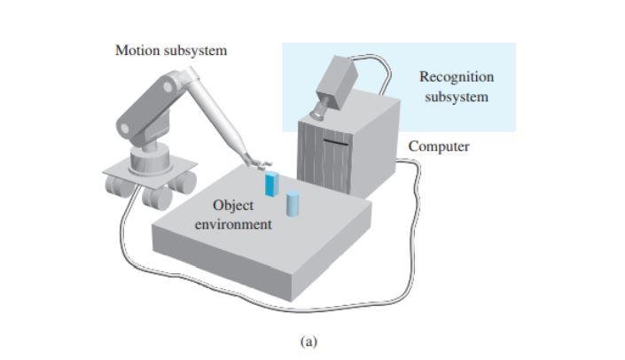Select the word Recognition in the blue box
pos(456,77)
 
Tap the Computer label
pos(439,145)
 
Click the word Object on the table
pos(234,207)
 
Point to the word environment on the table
pos(234,224)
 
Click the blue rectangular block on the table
pos(271,184)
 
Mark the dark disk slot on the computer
pos(335,138)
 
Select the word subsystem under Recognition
pos(456,96)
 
